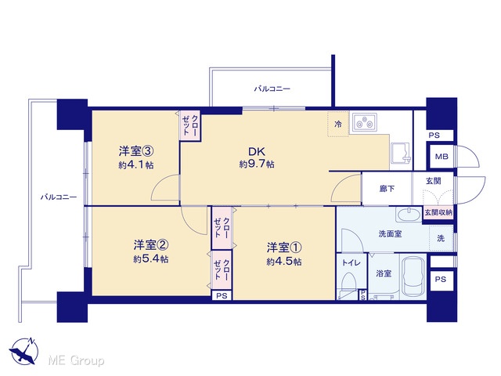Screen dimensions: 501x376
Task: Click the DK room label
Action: [257, 151]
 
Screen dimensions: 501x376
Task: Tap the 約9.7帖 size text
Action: [257, 164]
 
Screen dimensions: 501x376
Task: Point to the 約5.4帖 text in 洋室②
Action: [150, 259]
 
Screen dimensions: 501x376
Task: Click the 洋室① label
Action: [284, 248]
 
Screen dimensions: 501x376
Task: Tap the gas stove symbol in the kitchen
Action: [365, 122]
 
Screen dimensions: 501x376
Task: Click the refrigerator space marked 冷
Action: [337, 124]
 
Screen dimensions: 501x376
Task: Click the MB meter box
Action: [442, 157]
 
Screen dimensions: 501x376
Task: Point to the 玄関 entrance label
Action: [433, 181]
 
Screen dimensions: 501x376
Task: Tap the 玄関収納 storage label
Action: [438, 212]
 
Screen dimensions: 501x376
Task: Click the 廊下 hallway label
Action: [387, 189]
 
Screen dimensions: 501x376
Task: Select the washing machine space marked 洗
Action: [441, 238]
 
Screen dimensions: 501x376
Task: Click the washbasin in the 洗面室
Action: [409, 214]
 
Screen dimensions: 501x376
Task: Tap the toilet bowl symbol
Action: [348, 284]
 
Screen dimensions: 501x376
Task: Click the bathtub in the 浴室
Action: [413, 276]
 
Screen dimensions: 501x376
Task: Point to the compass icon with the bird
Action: [24, 351]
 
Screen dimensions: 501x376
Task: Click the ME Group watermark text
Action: [76, 360]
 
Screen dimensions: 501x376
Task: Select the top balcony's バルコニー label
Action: [272, 89]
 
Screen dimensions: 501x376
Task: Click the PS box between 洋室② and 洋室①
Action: [222, 296]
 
